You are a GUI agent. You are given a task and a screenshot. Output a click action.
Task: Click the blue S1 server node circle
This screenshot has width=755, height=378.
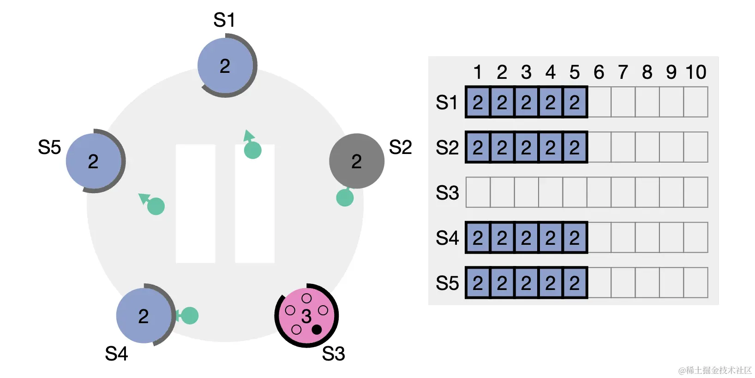[225, 66]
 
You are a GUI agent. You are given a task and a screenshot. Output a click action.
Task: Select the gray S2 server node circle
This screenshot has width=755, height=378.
[356, 161]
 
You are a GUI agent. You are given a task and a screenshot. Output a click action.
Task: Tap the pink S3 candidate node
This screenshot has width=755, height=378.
[306, 316]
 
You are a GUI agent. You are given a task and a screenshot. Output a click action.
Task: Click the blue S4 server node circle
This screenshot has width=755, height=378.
[144, 316]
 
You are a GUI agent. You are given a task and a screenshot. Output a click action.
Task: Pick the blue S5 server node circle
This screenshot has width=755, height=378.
[94, 161]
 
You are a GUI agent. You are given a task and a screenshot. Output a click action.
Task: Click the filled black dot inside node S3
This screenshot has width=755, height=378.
[317, 329]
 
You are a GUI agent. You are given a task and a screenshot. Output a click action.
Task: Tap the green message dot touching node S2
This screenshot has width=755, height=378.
[345, 198]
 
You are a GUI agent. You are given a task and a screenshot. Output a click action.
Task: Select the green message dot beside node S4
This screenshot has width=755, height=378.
[190, 316]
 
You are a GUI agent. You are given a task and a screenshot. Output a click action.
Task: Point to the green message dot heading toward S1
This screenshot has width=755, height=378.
[252, 150]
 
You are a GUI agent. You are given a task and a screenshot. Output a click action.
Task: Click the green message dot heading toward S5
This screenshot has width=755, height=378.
[156, 206]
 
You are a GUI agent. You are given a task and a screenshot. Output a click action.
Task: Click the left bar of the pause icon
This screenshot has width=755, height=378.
[196, 204]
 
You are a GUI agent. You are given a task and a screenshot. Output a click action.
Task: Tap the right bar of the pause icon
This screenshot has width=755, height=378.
[255, 204]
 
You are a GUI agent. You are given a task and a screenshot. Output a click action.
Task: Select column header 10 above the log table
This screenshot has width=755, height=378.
[695, 72]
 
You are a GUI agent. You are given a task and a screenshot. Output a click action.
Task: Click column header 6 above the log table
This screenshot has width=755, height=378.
[599, 72]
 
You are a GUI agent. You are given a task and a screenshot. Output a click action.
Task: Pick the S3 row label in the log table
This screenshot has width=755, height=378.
[447, 193]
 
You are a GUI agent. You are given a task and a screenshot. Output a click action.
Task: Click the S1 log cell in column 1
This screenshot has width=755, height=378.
[478, 102]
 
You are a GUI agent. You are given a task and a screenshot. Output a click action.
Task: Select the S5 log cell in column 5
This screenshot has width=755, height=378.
[575, 283]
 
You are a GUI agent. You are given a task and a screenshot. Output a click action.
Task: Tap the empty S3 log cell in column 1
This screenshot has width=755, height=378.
[478, 192]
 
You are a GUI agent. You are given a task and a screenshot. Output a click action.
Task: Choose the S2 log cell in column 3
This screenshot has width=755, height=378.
[526, 147]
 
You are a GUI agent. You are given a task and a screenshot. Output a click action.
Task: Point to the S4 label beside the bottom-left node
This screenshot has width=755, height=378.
[116, 354]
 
